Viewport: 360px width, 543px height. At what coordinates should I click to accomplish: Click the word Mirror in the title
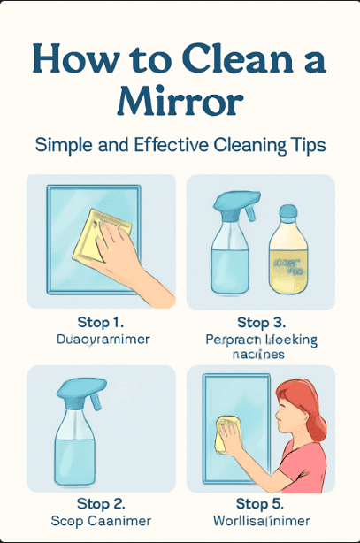(180, 101)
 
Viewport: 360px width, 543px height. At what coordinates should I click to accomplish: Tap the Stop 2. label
(100, 505)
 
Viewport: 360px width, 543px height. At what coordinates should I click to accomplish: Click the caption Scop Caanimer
(100, 521)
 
